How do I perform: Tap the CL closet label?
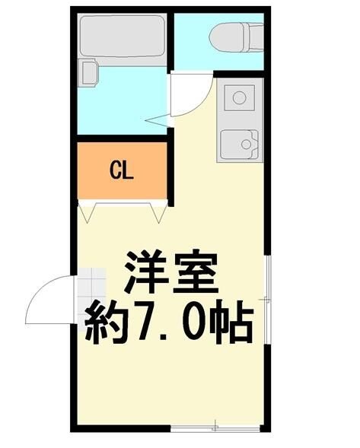coord(121,170)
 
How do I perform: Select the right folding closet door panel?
coord(159,212)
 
